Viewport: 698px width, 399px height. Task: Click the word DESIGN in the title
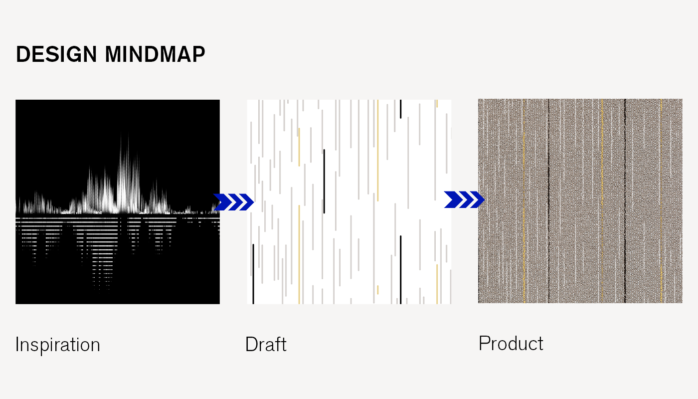coord(56,54)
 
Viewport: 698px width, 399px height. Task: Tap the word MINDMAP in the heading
coord(155,54)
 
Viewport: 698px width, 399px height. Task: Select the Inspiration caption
coord(58,345)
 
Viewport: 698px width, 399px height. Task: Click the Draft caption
coord(266,344)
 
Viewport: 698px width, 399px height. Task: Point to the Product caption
coord(511,343)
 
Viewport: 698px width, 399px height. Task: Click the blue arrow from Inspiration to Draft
coord(234,202)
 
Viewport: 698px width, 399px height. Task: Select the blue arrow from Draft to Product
coord(464,199)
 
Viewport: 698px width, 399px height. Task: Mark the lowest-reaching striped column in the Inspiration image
coord(103,255)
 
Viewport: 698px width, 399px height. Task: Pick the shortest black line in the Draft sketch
coord(401,109)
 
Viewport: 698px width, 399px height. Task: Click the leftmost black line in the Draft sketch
coord(253,274)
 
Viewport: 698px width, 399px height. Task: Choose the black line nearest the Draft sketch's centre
coord(324,182)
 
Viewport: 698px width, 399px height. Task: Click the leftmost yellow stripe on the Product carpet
coord(524,201)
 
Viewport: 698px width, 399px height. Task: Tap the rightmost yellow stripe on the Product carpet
coord(661,201)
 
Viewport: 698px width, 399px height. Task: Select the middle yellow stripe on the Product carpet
coord(602,201)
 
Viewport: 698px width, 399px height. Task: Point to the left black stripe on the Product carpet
coord(549,201)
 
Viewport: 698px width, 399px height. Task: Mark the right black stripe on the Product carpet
coord(625,201)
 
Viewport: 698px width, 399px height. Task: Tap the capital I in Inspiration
coord(17,344)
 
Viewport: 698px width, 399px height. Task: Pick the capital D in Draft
coord(252,344)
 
